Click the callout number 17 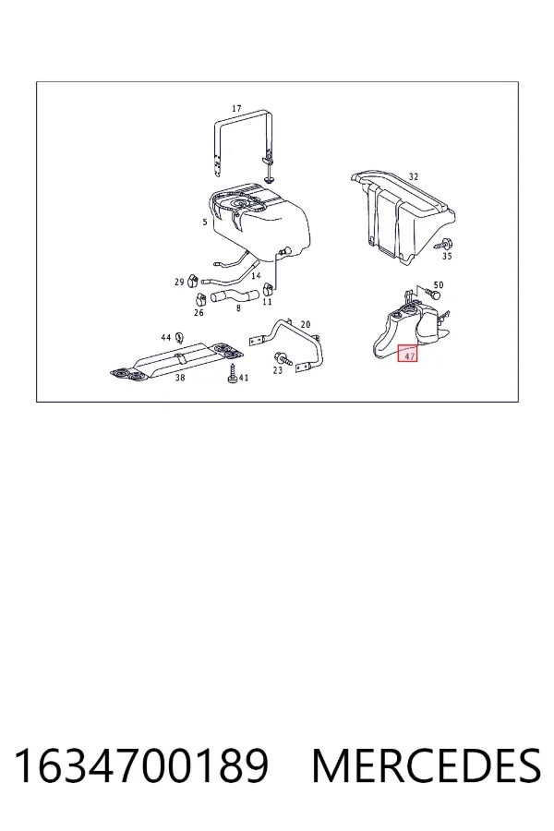(x=236, y=108)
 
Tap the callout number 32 (x=414, y=176)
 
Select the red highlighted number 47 (x=408, y=353)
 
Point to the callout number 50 (x=438, y=284)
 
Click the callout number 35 (x=447, y=256)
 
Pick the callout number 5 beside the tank (x=205, y=222)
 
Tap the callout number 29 (x=179, y=282)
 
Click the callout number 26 (x=199, y=313)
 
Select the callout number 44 (x=166, y=338)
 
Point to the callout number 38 (x=180, y=378)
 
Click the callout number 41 (x=244, y=378)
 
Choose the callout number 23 (x=278, y=370)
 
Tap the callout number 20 (x=306, y=324)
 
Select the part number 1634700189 (x=141, y=765)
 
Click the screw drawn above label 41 (x=232, y=373)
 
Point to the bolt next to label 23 (x=283, y=359)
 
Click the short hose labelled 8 (x=235, y=296)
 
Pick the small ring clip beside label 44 (x=178, y=336)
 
